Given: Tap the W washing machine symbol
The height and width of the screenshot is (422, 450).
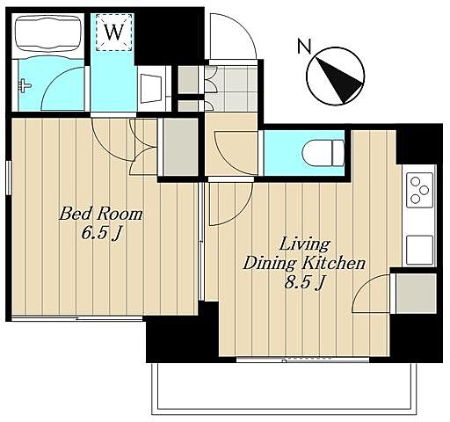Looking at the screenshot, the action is (113, 33).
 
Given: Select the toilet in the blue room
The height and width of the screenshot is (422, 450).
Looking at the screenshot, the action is (323, 153).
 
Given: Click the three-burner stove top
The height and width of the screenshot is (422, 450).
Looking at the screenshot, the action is (419, 190).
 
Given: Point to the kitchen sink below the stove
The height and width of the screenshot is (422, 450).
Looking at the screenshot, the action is (419, 250).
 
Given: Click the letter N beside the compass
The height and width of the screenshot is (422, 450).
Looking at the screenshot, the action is (304, 47).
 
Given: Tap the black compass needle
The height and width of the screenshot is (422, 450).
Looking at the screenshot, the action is (339, 80).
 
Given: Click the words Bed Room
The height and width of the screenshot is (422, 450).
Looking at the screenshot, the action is (101, 214).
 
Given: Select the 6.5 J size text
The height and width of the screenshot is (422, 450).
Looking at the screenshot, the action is (101, 233).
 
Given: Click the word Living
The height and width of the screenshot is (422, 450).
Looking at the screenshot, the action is (305, 244).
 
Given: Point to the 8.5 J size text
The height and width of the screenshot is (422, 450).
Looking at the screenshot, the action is (305, 283).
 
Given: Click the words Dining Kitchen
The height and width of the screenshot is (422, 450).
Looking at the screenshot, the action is (305, 263).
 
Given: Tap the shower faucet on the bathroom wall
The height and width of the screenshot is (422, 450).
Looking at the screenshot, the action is (25, 86).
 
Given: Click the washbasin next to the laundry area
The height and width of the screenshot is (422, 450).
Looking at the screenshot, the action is (151, 89).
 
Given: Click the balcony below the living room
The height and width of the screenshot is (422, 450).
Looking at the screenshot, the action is (284, 388).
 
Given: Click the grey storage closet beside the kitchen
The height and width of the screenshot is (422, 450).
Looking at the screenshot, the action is (416, 293).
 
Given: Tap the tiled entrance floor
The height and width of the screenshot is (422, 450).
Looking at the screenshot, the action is (231, 89).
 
